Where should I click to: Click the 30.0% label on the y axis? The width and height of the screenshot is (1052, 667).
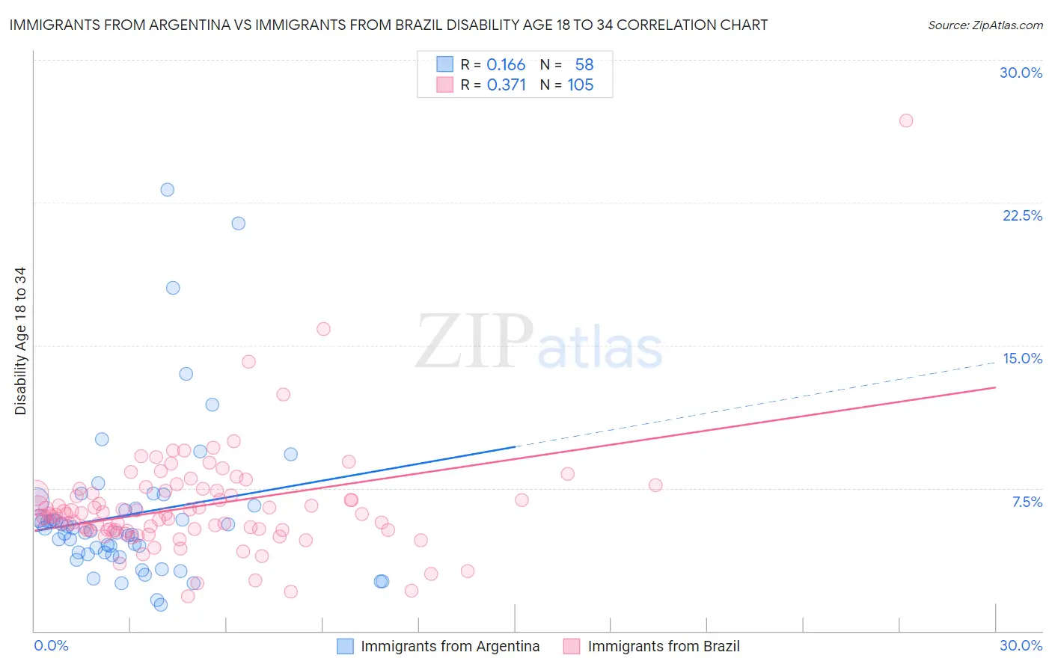click(1021, 73)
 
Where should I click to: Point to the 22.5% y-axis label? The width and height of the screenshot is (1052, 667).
click(1022, 215)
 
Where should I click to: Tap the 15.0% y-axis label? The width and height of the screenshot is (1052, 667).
click(1022, 358)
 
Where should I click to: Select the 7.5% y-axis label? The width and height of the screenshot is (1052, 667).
click(1027, 502)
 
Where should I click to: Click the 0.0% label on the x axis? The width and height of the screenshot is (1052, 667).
click(51, 645)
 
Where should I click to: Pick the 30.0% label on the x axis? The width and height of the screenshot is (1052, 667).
click(1021, 645)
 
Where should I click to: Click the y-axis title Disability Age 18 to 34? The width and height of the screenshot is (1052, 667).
click(20, 341)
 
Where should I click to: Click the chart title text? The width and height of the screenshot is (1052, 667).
click(388, 25)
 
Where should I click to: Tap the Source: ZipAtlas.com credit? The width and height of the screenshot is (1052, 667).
click(985, 25)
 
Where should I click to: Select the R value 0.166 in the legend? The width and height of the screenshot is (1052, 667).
click(506, 65)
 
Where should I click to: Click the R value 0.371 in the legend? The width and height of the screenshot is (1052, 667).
click(506, 85)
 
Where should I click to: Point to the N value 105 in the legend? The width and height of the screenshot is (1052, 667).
click(580, 85)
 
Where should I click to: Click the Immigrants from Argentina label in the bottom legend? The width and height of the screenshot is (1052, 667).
click(450, 646)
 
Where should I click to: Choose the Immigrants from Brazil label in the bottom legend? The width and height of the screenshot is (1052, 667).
click(664, 646)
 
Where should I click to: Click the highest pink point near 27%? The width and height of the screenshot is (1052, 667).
click(906, 120)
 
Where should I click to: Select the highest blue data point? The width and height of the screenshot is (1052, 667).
click(168, 190)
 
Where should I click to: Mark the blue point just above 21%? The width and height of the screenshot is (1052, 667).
click(238, 223)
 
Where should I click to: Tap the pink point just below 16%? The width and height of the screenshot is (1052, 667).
click(323, 329)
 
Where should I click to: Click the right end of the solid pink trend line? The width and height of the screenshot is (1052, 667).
click(995, 387)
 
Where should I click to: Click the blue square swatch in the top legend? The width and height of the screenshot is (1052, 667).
click(444, 65)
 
